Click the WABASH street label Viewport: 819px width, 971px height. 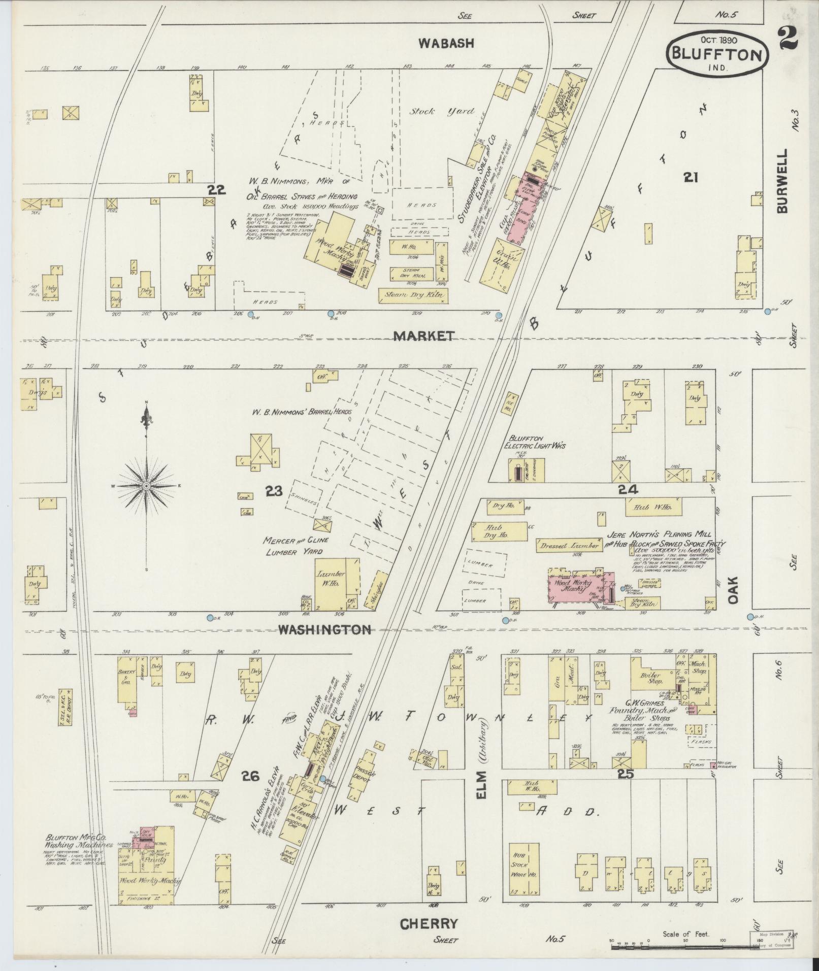(x=446, y=44)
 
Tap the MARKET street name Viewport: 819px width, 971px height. (x=423, y=336)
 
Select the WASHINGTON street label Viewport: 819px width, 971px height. (x=324, y=630)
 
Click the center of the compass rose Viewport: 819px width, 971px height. (x=146, y=486)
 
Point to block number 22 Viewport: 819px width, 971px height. (x=216, y=190)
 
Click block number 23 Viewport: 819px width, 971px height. (x=274, y=491)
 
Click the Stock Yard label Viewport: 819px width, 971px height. (x=442, y=112)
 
